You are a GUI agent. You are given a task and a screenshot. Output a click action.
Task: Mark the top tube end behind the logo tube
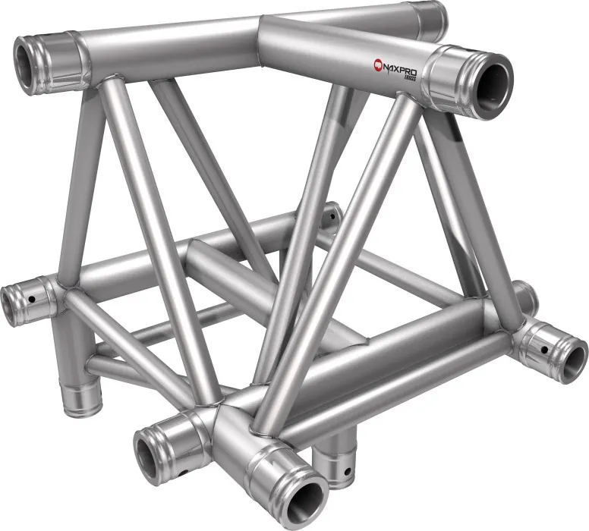pos(432,17)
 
